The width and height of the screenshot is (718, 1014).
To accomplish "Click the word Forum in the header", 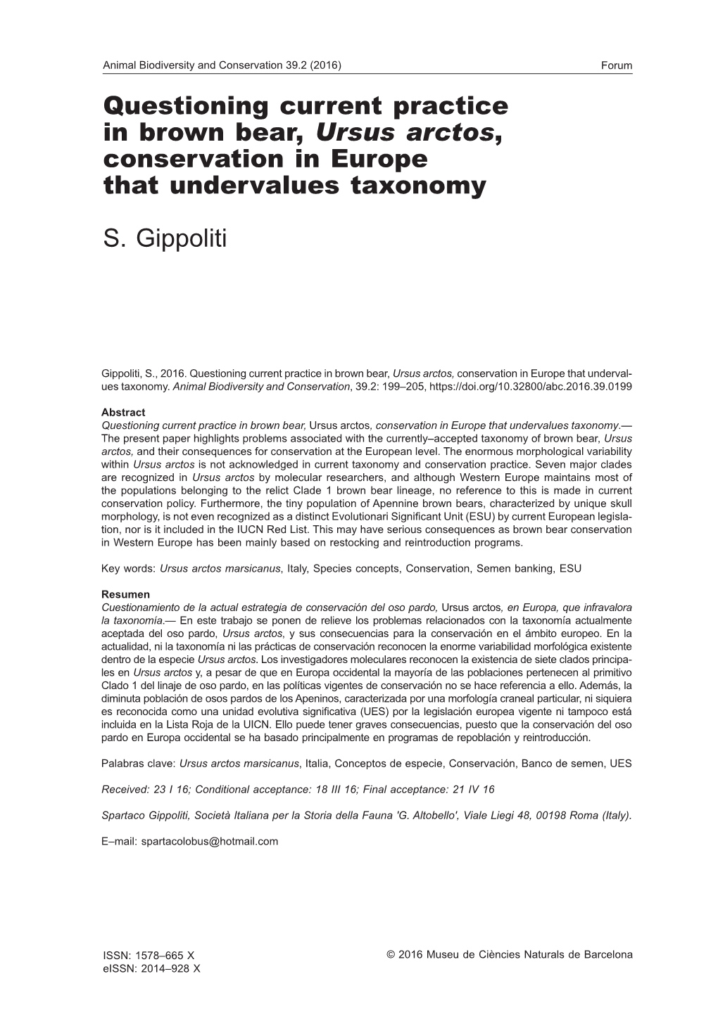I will pos(617,66).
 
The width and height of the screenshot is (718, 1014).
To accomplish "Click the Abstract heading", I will pos(123,413).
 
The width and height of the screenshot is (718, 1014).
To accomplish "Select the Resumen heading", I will pos(126,594).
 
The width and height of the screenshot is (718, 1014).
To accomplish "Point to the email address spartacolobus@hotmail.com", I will pos(209,841).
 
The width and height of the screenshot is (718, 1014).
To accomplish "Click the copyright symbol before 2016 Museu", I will pos(391,955).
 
